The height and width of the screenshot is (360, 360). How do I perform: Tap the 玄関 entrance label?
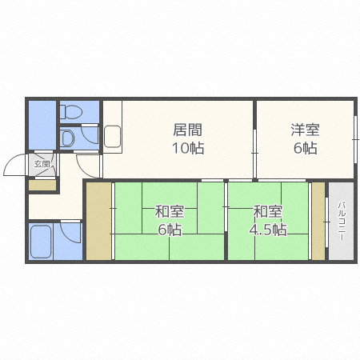[42, 165]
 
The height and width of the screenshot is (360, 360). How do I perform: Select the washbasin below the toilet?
[68, 138]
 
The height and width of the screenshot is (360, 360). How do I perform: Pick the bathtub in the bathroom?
[40, 240]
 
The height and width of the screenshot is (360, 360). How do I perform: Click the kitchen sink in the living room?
[112, 136]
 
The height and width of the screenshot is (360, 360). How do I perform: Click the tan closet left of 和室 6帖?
[99, 222]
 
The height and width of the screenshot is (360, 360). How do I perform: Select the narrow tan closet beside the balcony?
[318, 222]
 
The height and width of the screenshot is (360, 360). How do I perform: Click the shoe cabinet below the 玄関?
[42, 186]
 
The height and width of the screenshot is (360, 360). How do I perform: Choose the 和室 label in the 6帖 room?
[169, 212]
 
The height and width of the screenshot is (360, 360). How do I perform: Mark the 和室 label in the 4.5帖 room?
[268, 212]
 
